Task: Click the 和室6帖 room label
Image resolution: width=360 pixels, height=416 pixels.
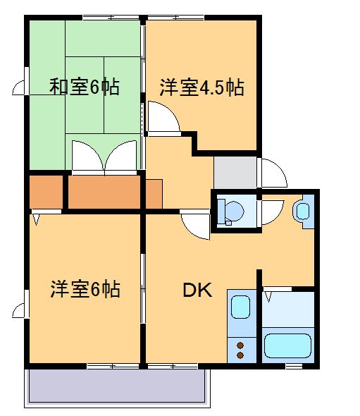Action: (84, 87)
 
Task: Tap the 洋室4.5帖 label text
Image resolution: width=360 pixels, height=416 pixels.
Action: (201, 88)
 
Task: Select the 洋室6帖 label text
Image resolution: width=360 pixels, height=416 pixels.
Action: (85, 289)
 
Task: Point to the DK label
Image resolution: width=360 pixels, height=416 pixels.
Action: (198, 290)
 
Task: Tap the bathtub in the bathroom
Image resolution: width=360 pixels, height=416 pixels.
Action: (287, 346)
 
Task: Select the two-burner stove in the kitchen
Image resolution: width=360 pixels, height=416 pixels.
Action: (241, 350)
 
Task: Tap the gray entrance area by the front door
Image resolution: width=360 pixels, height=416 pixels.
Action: (236, 172)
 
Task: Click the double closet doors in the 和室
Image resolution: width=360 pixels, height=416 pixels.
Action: (104, 156)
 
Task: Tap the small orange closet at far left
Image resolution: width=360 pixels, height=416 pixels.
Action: (46, 192)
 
